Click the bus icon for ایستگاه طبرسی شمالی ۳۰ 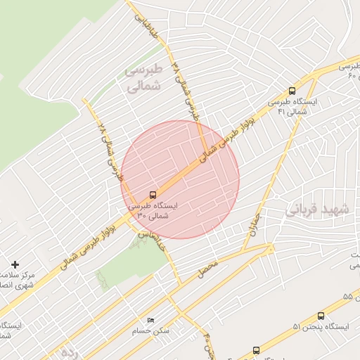pos(153,195)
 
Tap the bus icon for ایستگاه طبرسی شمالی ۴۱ pos(292,91)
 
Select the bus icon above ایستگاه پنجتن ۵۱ pos(321,316)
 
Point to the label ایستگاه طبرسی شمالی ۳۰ pos(153,211)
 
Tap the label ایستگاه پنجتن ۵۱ pos(315,327)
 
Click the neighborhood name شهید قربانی pos(316,210)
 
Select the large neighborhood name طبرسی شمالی pos(143,78)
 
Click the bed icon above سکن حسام pos(150,320)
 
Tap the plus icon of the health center pos(15,264)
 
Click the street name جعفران pos(254,224)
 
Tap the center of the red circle pos(180,179)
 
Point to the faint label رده pos(68,350)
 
